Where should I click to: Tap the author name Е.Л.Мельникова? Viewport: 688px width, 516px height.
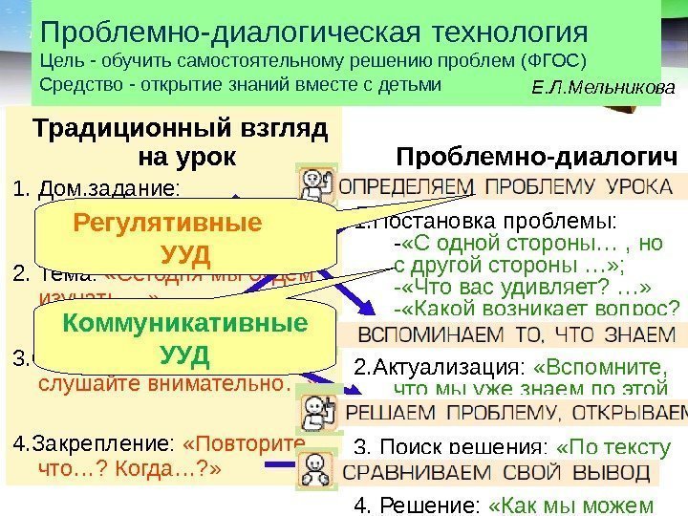[602, 88]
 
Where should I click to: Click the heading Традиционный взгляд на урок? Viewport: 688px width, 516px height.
[180, 140]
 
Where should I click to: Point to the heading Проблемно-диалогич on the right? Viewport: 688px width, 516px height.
[536, 156]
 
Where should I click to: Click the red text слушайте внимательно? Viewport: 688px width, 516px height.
[162, 385]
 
